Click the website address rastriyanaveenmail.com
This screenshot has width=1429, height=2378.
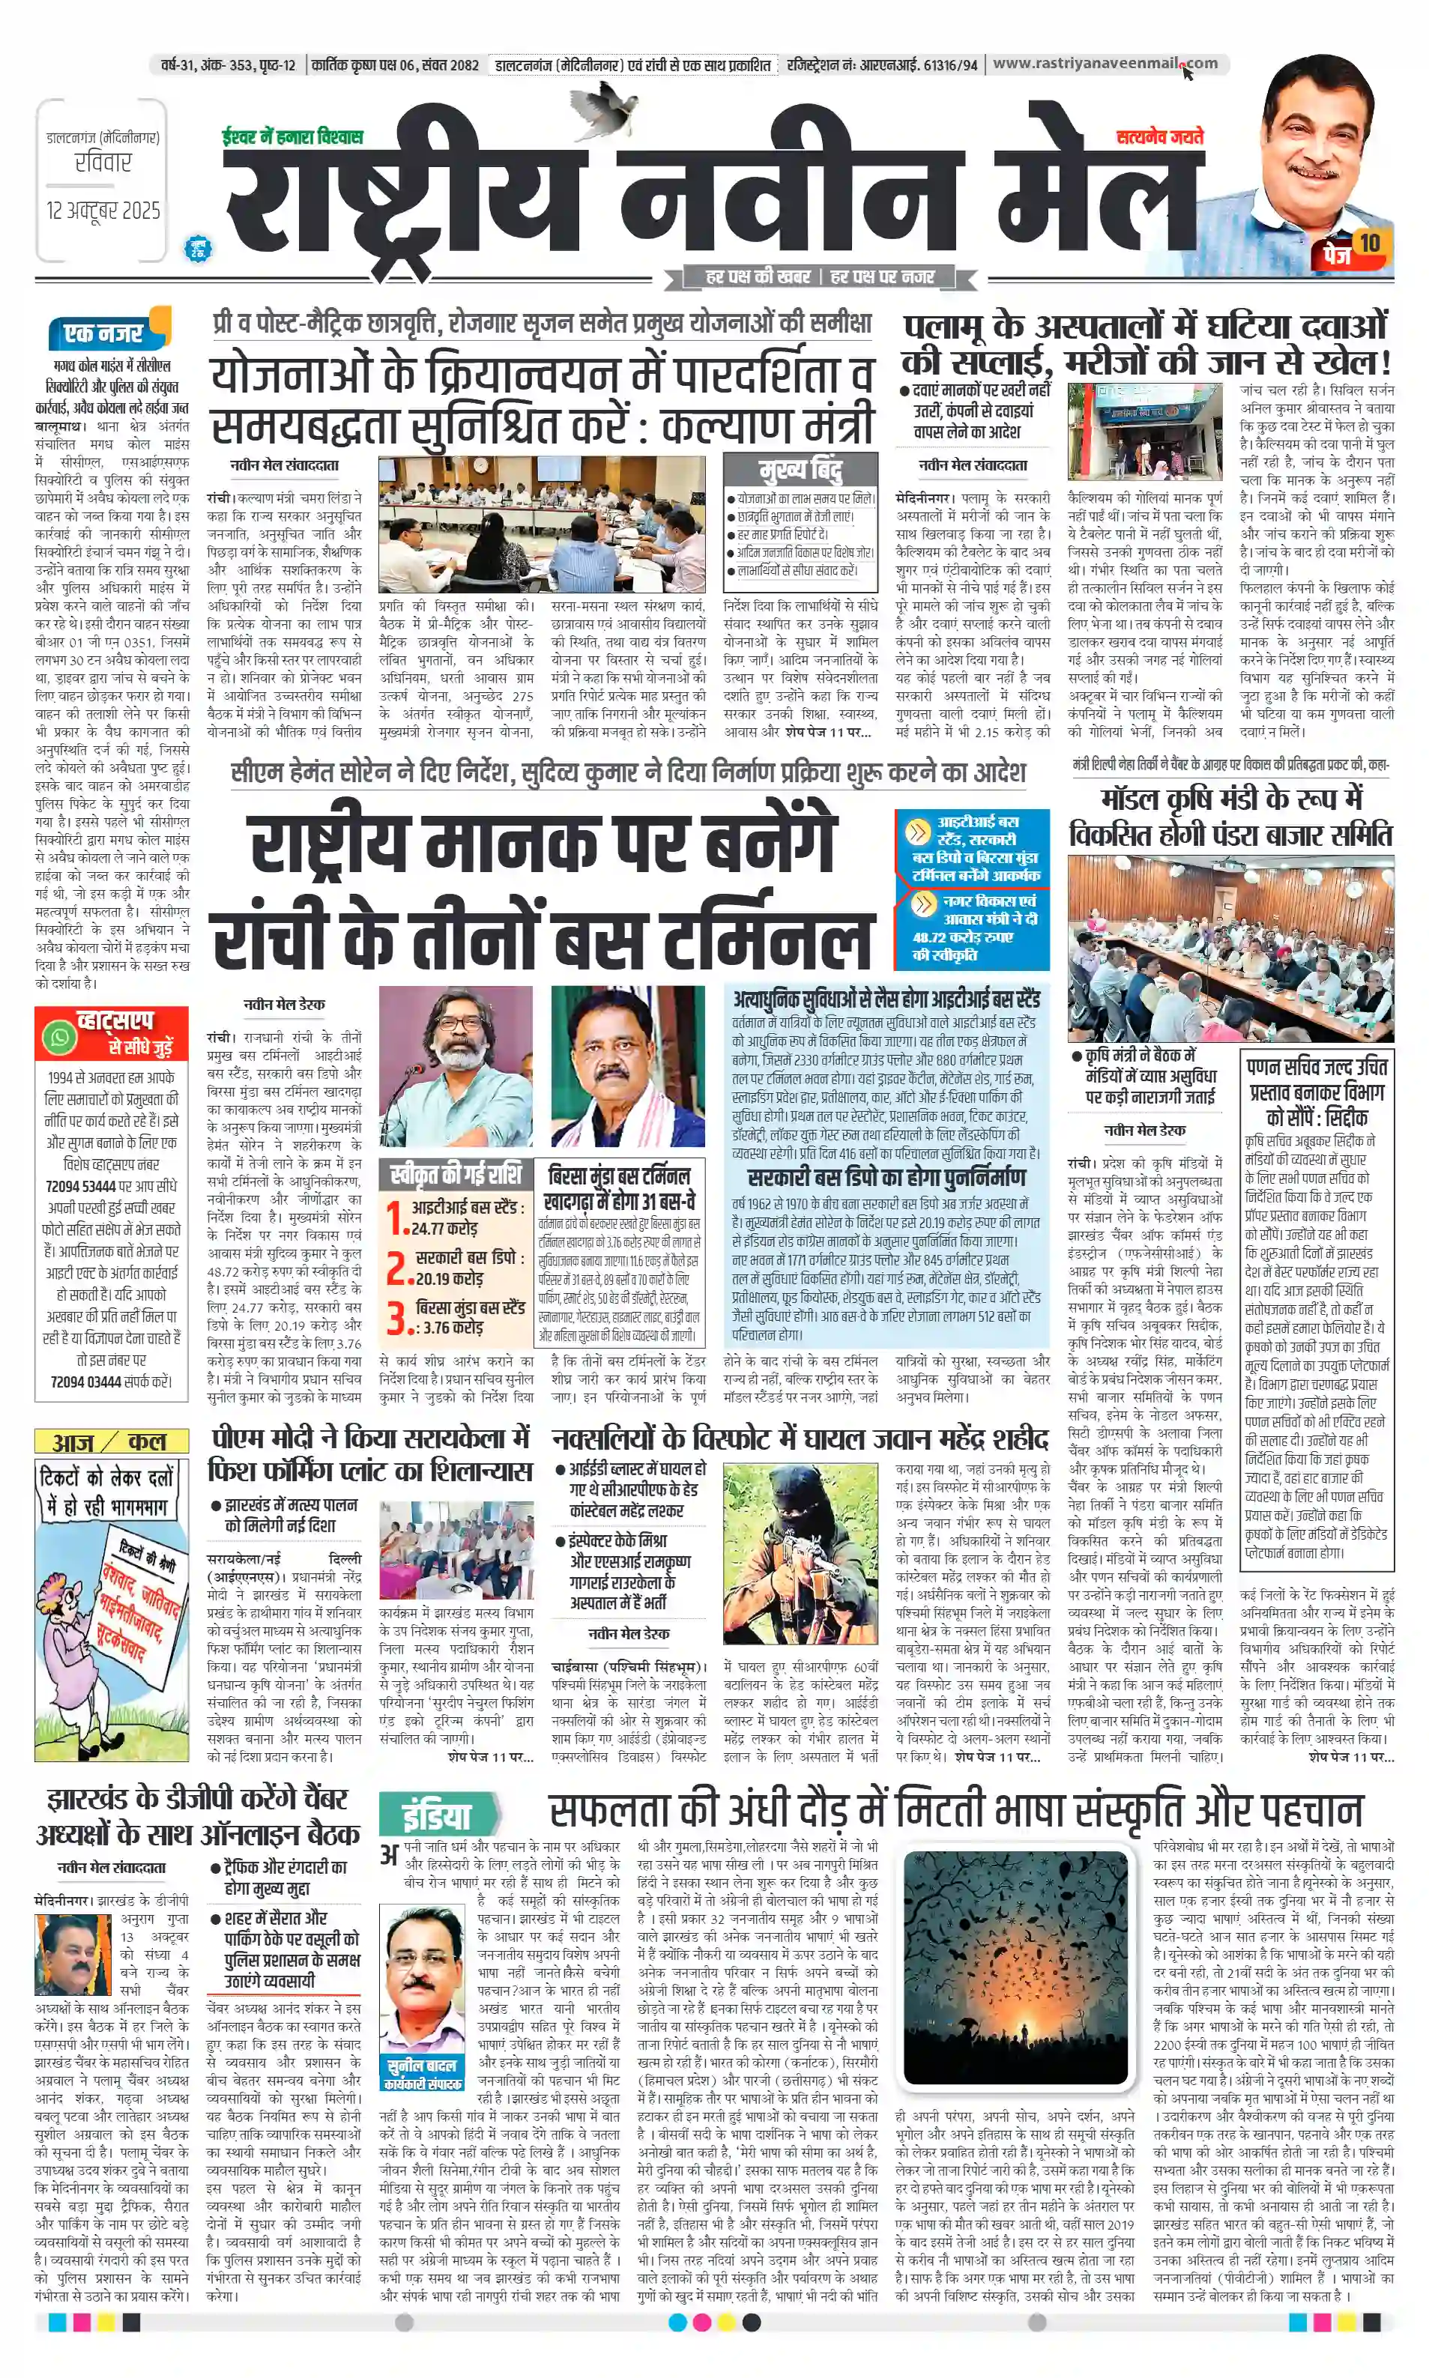coord(1105,64)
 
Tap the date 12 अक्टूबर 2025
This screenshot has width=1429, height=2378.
coord(103,210)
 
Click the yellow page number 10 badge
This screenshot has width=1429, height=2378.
coord(1369,243)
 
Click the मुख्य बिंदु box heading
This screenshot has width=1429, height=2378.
coord(800,470)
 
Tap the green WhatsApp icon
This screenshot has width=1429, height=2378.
coord(60,1037)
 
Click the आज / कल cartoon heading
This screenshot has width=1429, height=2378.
coord(111,1441)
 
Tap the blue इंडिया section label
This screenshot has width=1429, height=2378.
coord(436,1816)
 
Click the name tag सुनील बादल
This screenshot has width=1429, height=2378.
coord(422,2066)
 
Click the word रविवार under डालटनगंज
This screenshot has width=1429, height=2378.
coord(103,163)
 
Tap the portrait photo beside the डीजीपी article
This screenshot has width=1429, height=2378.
coord(73,1955)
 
